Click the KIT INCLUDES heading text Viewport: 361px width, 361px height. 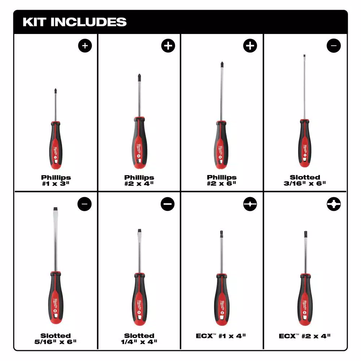(x=74, y=22)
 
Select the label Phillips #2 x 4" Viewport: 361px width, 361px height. (x=139, y=180)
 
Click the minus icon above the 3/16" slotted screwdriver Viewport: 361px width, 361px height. (x=334, y=45)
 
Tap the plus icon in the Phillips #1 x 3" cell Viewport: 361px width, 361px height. (x=85, y=45)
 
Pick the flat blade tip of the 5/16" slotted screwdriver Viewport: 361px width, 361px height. (x=56, y=210)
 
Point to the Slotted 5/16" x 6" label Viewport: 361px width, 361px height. (x=56, y=338)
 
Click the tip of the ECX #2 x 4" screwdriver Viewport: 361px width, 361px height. (x=305, y=234)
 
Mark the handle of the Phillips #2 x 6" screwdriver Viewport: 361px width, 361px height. (x=222, y=144)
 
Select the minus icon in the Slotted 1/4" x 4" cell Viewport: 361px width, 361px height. (x=168, y=204)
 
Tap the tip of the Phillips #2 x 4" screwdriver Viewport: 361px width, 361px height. (x=138, y=77)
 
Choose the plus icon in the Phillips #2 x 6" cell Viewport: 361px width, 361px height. (x=251, y=45)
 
